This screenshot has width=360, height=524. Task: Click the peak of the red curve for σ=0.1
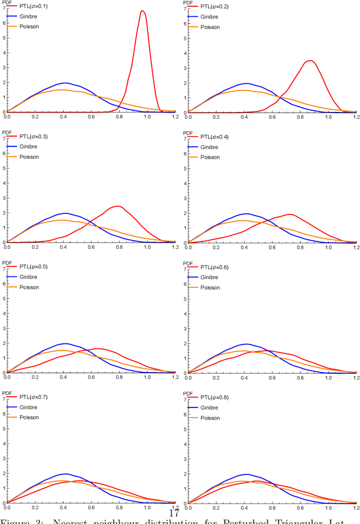pos(142,11)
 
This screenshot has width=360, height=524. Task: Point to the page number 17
pos(174,513)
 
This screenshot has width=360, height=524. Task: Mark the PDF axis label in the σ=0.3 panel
pos(7,132)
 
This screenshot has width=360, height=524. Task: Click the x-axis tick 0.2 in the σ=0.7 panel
pos(35,508)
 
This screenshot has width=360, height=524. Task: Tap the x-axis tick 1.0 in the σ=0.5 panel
pos(147,378)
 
